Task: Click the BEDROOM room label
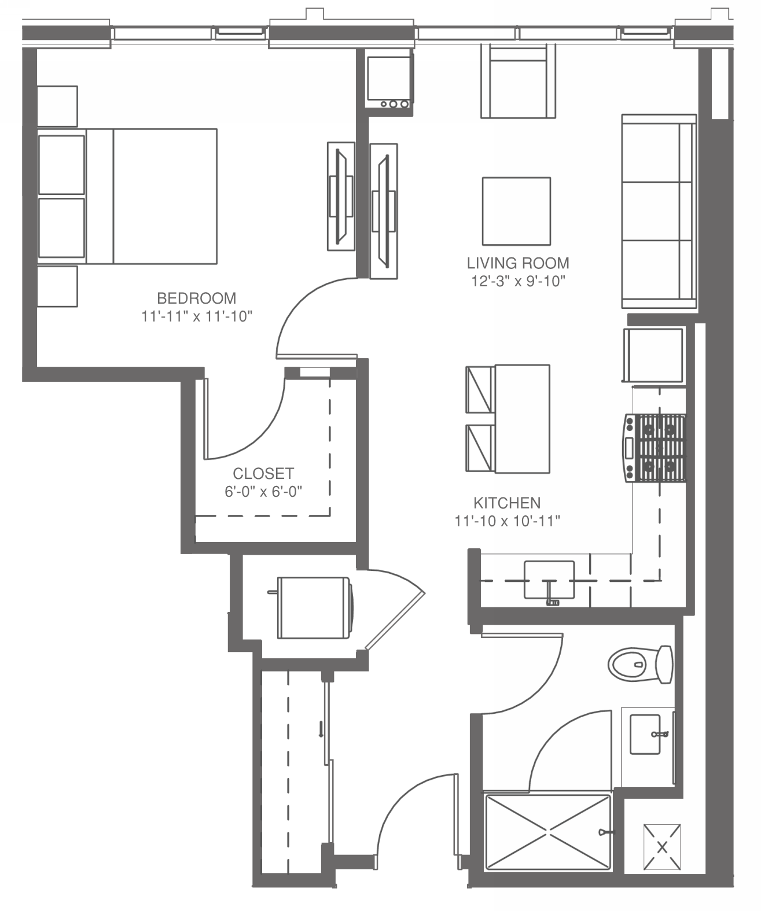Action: coord(197,298)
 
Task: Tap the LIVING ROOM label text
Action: coord(518,263)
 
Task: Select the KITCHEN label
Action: coord(507,503)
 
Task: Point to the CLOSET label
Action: coord(263,473)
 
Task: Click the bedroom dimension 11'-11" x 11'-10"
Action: coord(197,316)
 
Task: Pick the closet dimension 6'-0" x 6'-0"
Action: coord(263,492)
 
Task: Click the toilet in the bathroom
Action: coord(640,665)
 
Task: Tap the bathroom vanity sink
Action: coord(645,735)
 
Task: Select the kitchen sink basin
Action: coord(549,580)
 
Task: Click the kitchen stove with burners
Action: coord(655,448)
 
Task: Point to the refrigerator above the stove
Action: coord(653,355)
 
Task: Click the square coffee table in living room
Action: coord(517,211)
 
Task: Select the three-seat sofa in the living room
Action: coord(659,212)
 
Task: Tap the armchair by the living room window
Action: coord(519,81)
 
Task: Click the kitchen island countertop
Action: coord(522,419)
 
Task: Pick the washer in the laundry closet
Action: coord(314,608)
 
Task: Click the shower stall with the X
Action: coord(548,832)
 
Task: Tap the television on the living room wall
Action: coord(384,211)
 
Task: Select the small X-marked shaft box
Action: coord(662,847)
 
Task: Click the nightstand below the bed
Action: coord(57,286)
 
